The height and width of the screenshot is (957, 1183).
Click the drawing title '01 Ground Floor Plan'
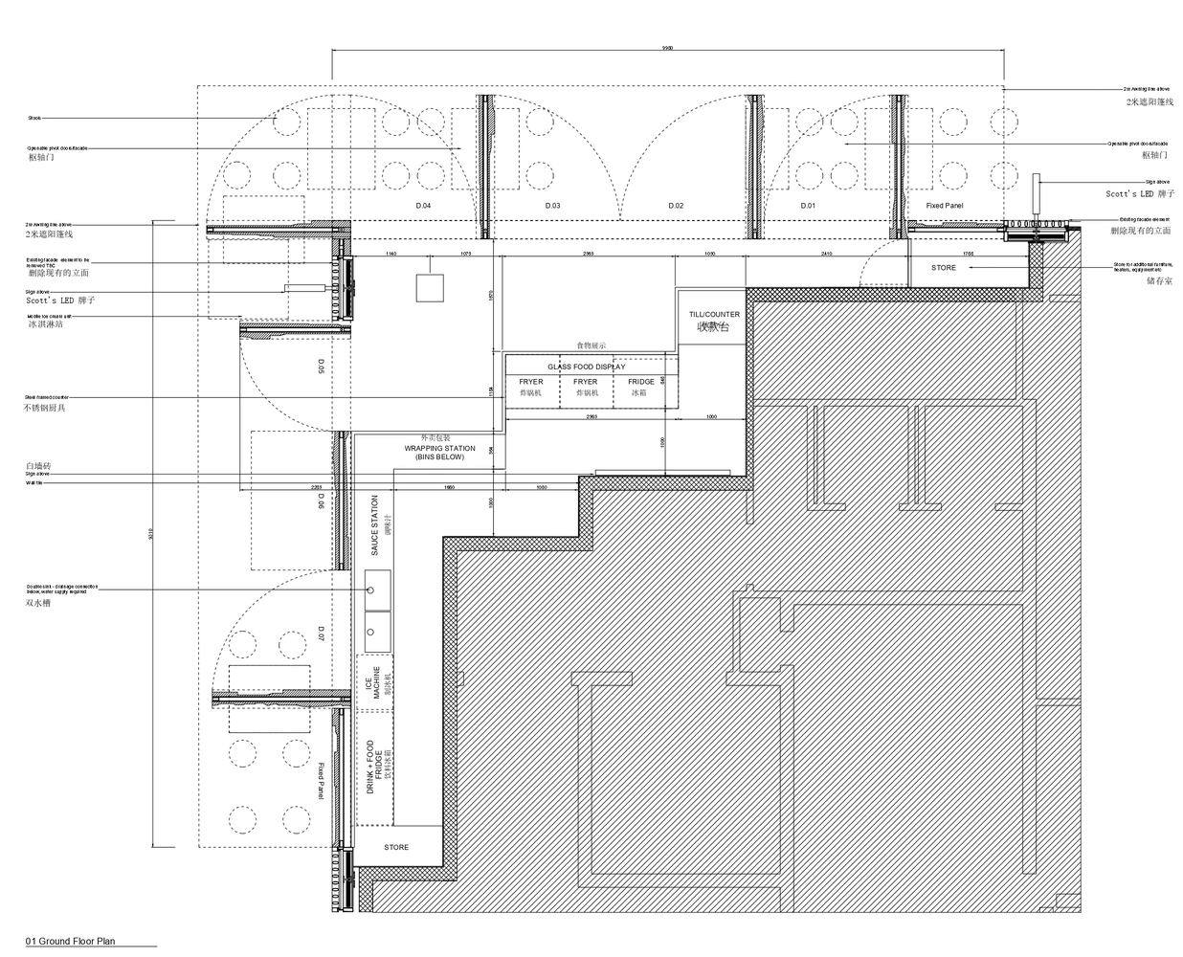(x=71, y=942)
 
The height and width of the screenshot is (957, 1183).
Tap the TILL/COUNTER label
(x=714, y=315)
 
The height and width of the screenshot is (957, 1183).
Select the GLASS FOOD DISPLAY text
(x=586, y=367)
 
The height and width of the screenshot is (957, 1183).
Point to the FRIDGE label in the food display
(x=641, y=382)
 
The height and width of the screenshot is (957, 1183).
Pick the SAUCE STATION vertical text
(x=375, y=526)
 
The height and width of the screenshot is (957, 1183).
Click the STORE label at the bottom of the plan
(x=396, y=847)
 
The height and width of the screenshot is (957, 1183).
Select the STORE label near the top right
(x=943, y=268)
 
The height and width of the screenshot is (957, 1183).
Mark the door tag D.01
(x=808, y=206)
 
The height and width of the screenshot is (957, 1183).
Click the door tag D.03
(x=553, y=206)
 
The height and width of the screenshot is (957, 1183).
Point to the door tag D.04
(x=422, y=206)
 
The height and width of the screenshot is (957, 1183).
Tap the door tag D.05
(x=321, y=366)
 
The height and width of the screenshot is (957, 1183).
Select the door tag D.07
(x=321, y=634)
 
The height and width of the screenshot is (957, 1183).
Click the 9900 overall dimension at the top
(x=667, y=47)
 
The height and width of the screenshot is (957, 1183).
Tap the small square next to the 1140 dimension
(x=430, y=288)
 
